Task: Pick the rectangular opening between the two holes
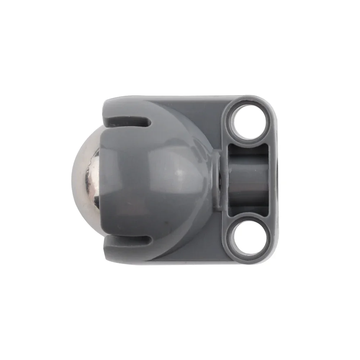tap(248, 178)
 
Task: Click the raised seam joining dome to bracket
tap(217, 180)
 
